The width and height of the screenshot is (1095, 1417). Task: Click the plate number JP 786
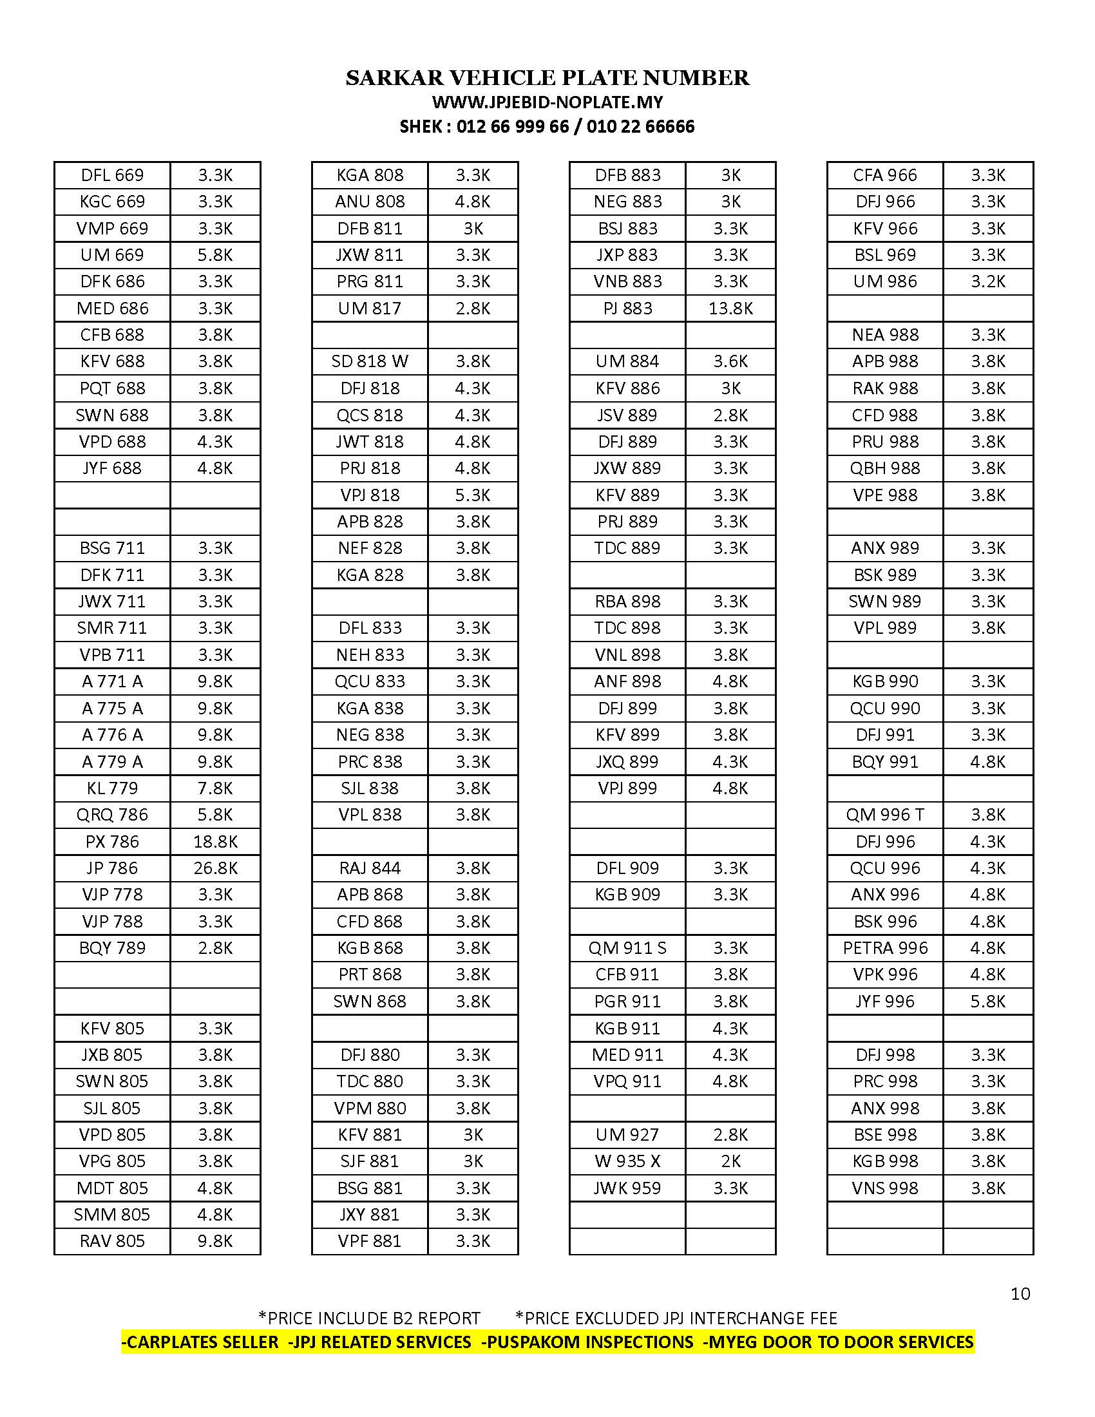[x=111, y=868]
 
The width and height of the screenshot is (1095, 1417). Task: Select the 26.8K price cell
[x=215, y=868]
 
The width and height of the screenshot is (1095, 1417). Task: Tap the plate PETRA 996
[x=885, y=948]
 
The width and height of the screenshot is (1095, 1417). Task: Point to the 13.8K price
[x=730, y=308]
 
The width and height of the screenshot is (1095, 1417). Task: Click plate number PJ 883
[x=627, y=308]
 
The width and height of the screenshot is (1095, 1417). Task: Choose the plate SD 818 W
[x=370, y=361]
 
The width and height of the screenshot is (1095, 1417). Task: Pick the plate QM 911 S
[x=627, y=948]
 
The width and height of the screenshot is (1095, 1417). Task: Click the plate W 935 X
[x=627, y=1161]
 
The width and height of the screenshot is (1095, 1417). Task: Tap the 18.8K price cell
[x=215, y=842]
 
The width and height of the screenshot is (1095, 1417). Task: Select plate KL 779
[x=111, y=788]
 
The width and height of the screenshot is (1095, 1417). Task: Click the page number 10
[x=1020, y=1294]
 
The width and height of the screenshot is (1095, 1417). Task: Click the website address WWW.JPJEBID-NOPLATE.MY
[x=547, y=102]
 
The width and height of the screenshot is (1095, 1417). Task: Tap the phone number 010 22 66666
[x=640, y=126]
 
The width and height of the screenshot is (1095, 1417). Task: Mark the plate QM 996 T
[x=885, y=815]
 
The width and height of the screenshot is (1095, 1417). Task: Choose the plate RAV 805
[x=111, y=1241]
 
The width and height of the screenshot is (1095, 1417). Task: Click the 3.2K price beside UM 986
[x=988, y=281]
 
